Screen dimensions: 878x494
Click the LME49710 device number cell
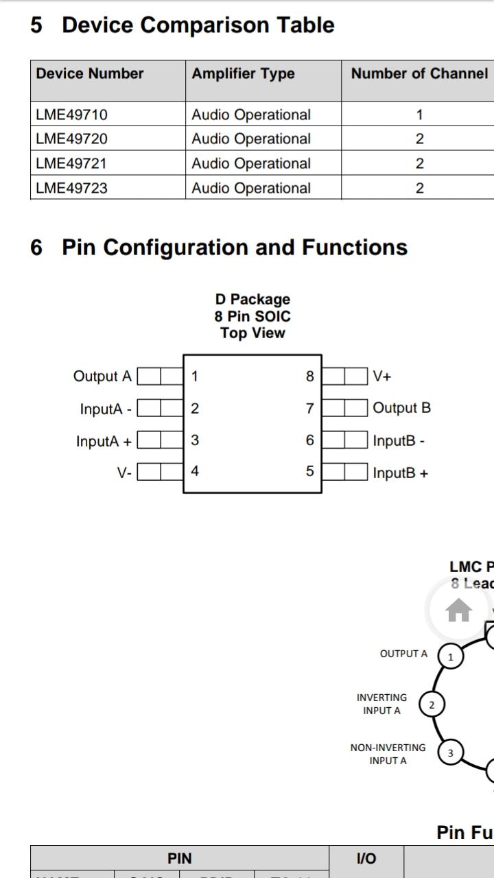click(x=71, y=115)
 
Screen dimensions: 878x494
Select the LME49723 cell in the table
click(x=71, y=188)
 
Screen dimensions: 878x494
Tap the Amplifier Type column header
click(x=243, y=73)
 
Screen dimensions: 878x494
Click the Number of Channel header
click(x=419, y=73)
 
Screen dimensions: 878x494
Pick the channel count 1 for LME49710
click(x=419, y=115)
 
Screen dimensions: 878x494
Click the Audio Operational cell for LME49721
click(x=251, y=163)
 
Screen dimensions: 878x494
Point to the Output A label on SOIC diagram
click(x=102, y=376)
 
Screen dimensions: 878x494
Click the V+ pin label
click(x=382, y=376)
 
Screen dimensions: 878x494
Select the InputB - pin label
click(x=399, y=440)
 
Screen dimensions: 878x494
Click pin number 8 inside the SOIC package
click(x=310, y=376)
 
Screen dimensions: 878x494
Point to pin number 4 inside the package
click(x=195, y=471)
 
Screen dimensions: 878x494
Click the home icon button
click(x=458, y=610)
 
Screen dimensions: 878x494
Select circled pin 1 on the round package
click(x=451, y=656)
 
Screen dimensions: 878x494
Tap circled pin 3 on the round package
click(x=450, y=753)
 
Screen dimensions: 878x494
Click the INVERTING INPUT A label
click(x=381, y=704)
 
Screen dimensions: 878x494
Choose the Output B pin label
click(x=401, y=408)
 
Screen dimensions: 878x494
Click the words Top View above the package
click(x=252, y=333)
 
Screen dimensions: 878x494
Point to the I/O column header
click(x=366, y=858)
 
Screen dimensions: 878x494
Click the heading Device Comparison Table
click(x=198, y=25)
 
